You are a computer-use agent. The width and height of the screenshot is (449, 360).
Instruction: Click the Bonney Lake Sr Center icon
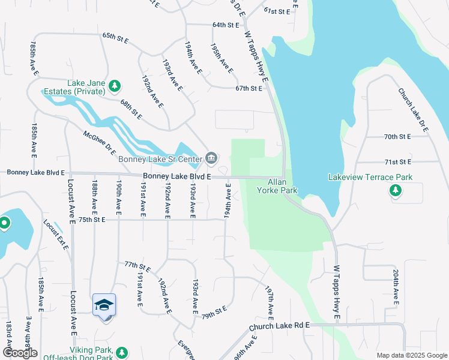pos(211,158)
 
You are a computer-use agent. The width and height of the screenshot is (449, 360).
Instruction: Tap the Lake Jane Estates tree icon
pos(115,87)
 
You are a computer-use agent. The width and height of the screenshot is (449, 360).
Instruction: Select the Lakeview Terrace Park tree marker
pos(395,190)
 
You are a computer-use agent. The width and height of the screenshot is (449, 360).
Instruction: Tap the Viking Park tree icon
pos(122,352)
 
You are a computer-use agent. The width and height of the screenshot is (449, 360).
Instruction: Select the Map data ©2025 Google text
pos(411,355)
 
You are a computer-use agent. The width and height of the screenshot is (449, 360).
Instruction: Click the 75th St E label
pos(91,220)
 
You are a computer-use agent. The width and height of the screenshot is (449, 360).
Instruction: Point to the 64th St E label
pos(225,25)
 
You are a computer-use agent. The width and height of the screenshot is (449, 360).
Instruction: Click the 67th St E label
pos(249,88)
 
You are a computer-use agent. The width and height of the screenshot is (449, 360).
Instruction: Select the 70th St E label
pos(397,137)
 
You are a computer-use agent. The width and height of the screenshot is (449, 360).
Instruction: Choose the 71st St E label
pos(397,162)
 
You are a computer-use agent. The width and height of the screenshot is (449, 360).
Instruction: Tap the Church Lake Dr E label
pos(413,110)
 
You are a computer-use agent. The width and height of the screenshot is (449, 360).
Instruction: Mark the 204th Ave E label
pos(396,286)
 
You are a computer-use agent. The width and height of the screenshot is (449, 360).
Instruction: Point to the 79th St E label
pos(214,313)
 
